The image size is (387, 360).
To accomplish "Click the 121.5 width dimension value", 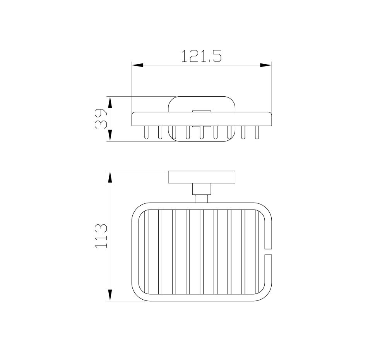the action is (201, 56).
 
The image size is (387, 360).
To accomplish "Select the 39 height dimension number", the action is (101, 119).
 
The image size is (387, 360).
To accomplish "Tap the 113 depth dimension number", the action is (101, 236).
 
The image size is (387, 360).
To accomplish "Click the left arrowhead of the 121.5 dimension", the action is (138, 65).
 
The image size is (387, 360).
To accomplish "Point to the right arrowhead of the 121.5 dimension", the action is (266, 65).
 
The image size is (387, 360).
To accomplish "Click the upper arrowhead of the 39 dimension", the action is (110, 102).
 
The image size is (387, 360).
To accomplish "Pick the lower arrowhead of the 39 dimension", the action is (110, 135).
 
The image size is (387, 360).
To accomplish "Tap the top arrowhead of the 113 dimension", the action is (110, 177).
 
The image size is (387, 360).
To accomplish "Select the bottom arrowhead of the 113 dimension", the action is (110, 295).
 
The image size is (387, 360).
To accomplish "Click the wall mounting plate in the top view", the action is (202, 177).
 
